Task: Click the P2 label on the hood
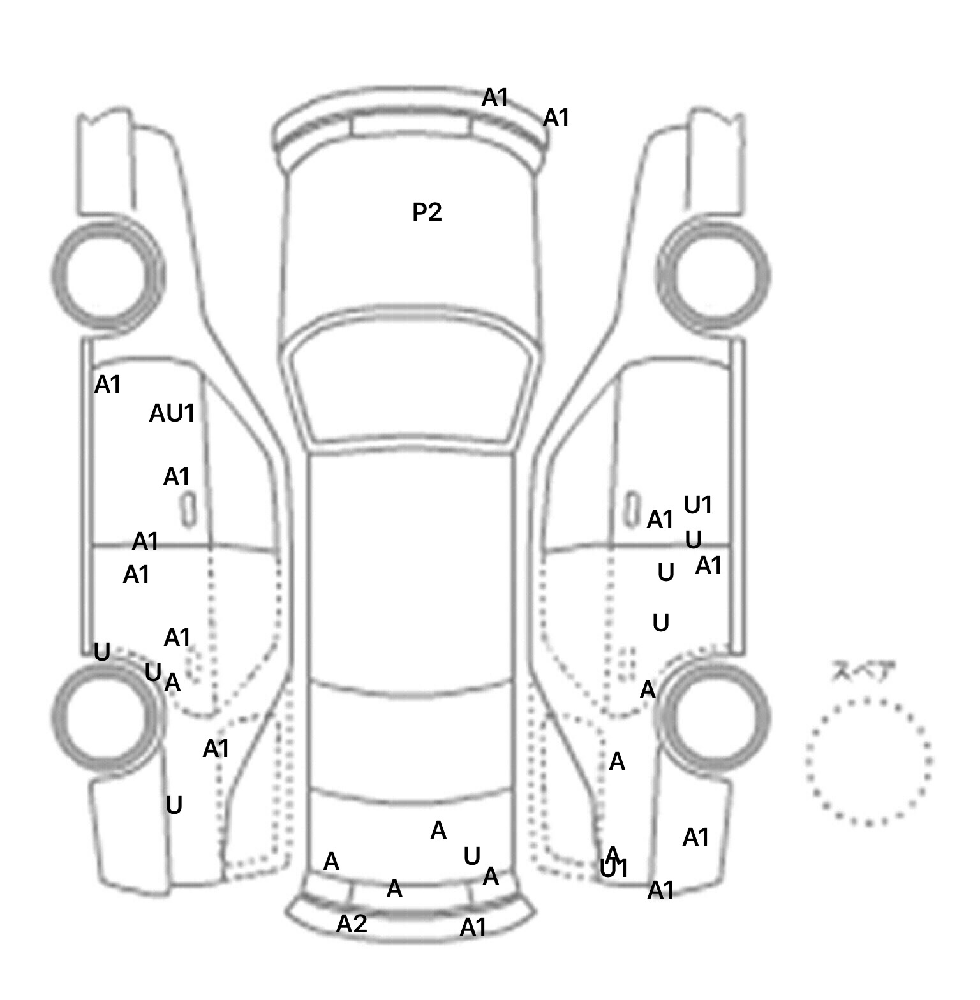coord(427,212)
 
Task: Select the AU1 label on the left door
coord(172,413)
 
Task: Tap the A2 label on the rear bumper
coord(352,923)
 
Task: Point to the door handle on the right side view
coord(632,509)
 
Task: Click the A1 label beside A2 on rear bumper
coord(473,927)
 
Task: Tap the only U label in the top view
coord(471,857)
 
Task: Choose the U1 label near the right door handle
coord(697,505)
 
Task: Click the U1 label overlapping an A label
coord(614,869)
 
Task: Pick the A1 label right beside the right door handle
coord(660,520)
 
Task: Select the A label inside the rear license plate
coord(394,888)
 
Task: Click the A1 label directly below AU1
coord(177,477)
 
